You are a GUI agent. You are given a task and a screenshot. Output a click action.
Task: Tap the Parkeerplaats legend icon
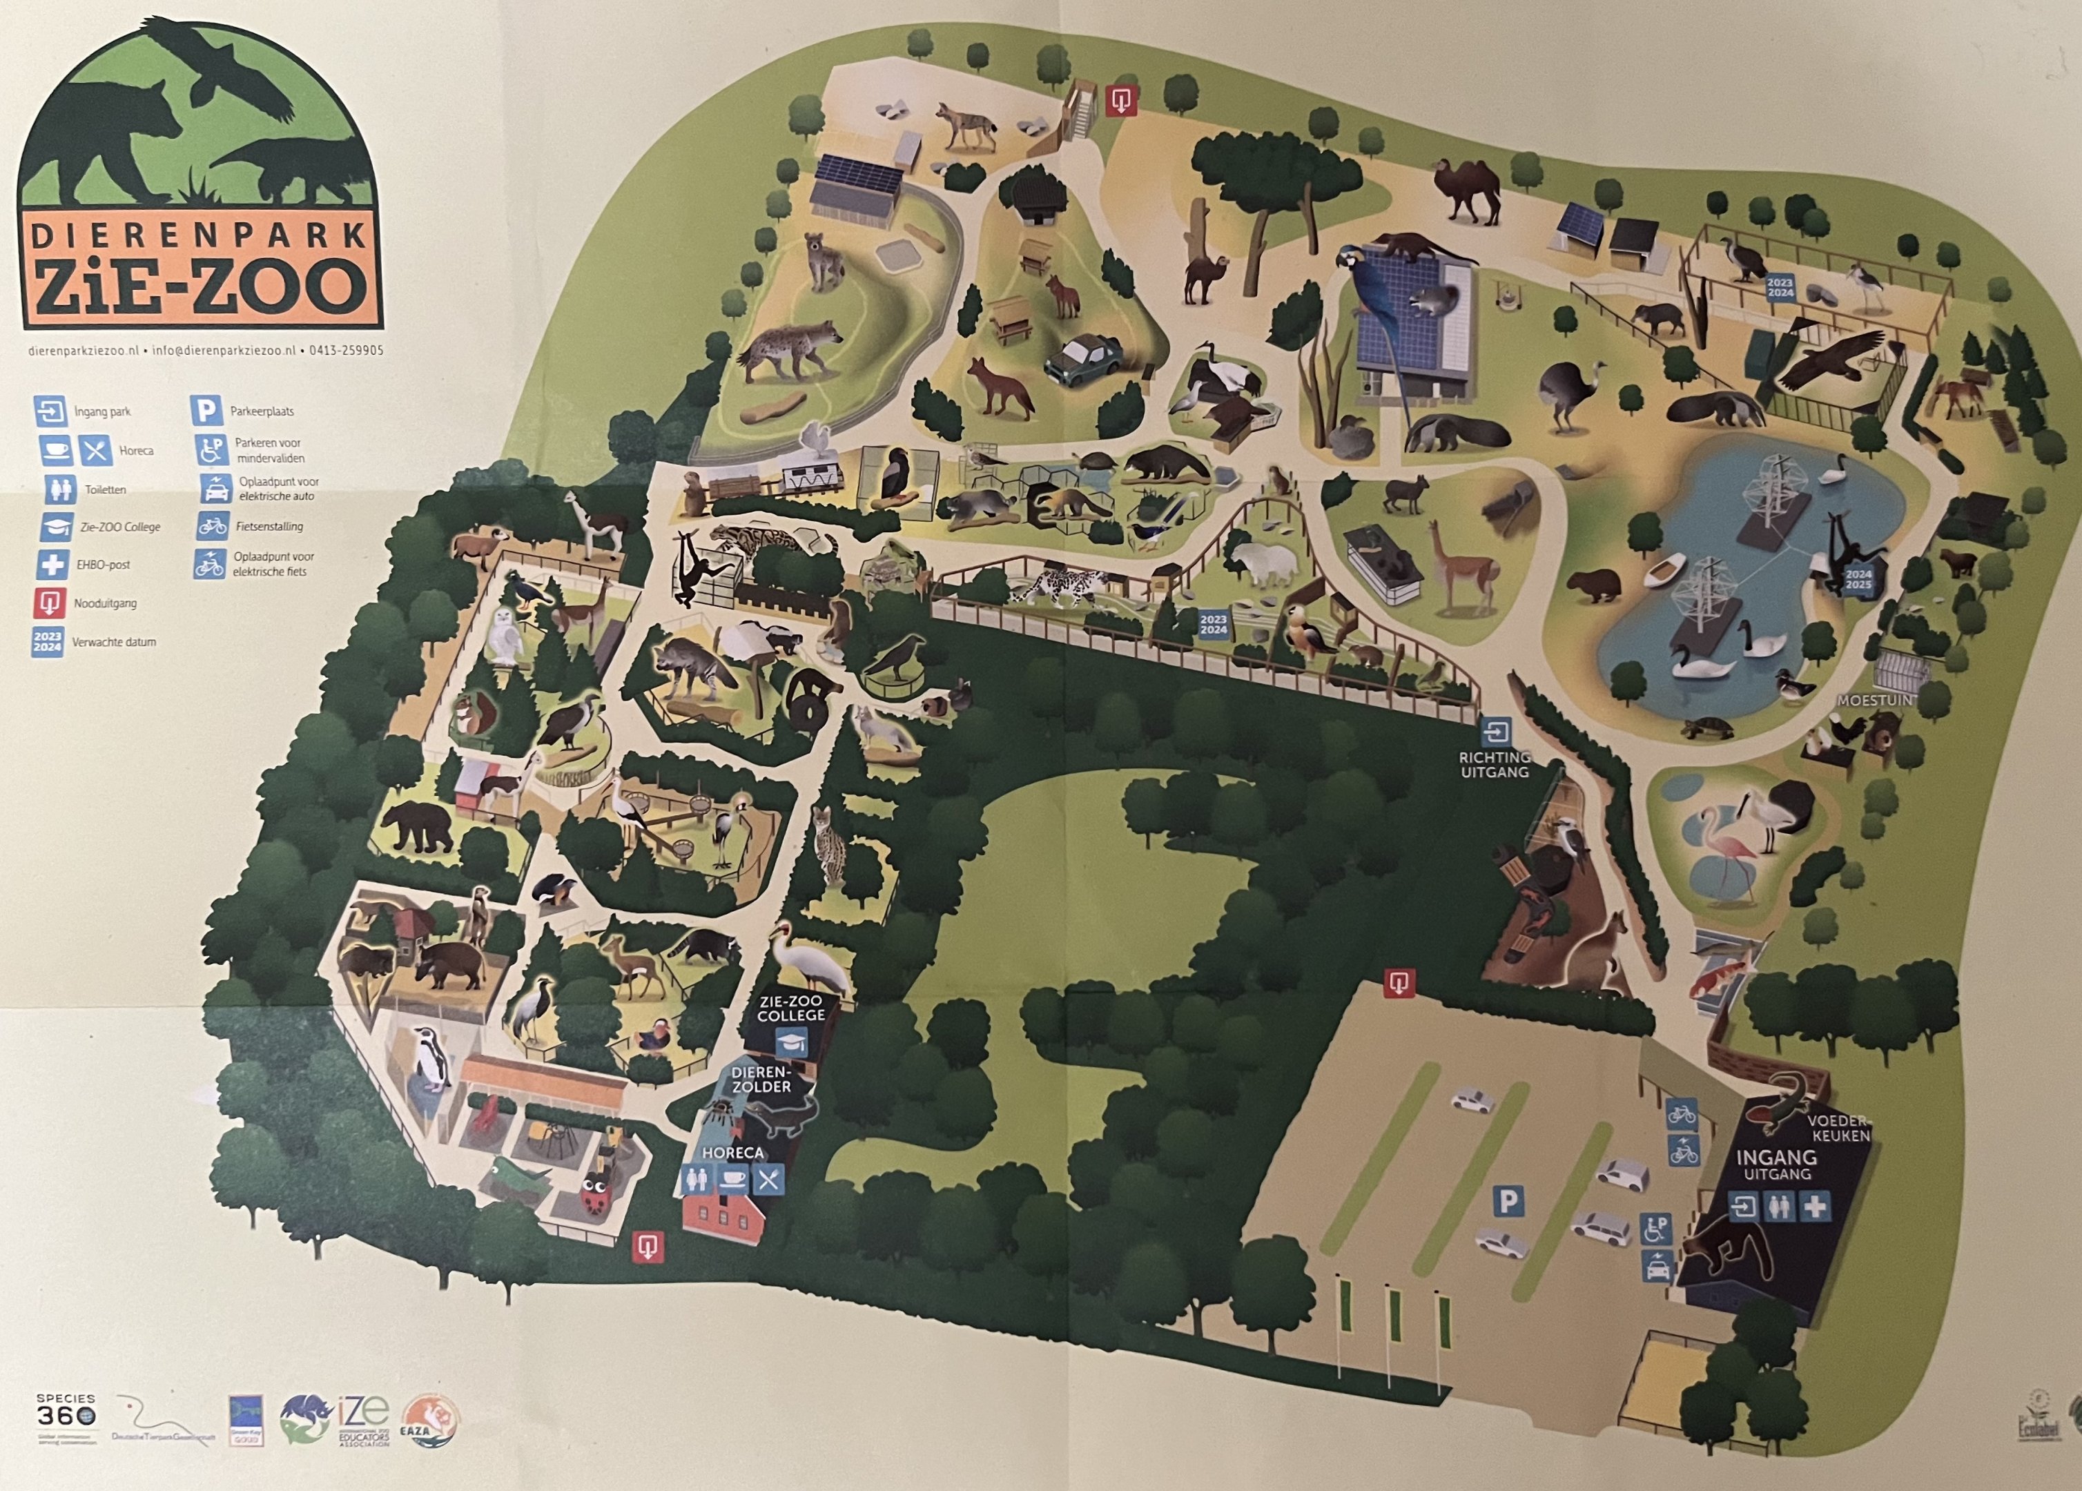206,411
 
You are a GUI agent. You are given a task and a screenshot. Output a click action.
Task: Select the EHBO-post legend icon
52,564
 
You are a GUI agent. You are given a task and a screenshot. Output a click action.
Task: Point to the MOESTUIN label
1874,699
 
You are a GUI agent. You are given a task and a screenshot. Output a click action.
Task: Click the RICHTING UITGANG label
1495,764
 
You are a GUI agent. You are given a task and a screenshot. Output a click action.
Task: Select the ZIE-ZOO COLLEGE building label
790,1008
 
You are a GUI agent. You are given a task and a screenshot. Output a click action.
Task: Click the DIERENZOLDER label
761,1079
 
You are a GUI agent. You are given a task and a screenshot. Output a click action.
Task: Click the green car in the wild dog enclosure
1083,358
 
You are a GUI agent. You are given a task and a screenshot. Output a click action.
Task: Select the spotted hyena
790,349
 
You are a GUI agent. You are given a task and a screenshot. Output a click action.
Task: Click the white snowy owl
504,634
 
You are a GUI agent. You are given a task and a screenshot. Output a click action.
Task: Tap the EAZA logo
429,1421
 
